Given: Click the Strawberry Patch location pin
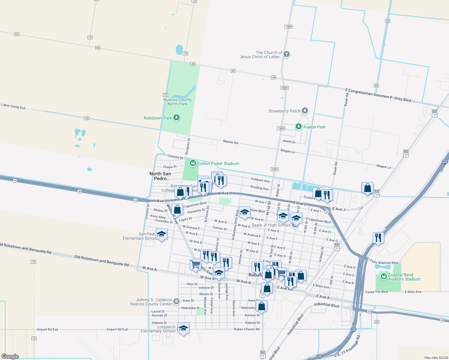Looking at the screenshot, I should click(305, 111).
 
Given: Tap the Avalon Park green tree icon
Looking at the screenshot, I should click(298, 126).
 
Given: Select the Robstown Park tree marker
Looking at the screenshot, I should click(176, 117).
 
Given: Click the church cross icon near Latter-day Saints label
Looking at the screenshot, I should click(287, 54).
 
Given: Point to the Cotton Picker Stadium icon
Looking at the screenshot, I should click(193, 163).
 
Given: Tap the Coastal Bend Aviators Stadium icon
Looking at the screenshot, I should click(384, 276).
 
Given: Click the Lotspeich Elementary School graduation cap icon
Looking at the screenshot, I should click(183, 328).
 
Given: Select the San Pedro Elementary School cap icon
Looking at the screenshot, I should click(161, 234).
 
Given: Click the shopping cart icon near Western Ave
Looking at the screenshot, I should click(195, 265).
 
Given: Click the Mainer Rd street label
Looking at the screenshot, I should click(231, 142).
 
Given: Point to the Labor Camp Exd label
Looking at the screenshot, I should click(13, 106).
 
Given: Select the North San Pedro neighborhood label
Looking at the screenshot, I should click(160, 176).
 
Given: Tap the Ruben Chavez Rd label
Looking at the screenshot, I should click(247, 329).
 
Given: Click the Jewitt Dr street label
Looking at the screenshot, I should click(289, 141).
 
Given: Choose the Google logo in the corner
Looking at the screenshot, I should click(10, 356).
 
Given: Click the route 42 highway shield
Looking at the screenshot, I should click(87, 118).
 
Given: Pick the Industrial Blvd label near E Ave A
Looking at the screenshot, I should click(326, 305).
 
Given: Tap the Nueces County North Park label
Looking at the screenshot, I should click(177, 102).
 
